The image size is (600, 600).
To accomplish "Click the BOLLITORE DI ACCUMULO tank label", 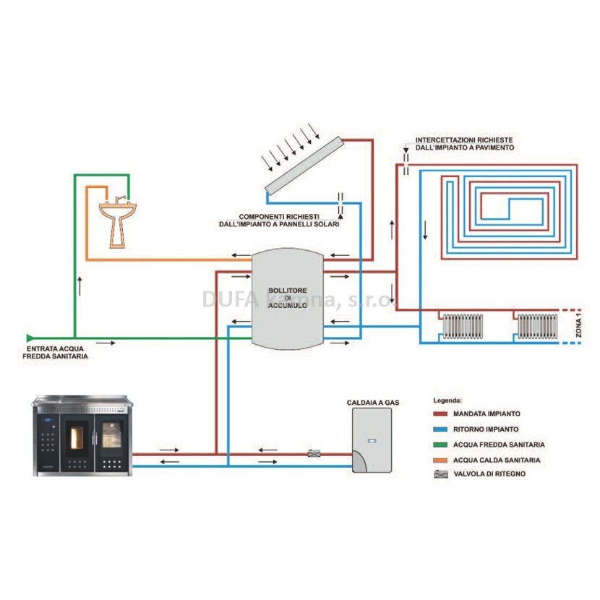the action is click(x=288, y=298).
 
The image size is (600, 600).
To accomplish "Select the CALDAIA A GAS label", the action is click(x=373, y=403).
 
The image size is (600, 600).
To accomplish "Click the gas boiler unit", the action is click(x=372, y=440).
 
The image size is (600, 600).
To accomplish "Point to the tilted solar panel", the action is click(x=304, y=166).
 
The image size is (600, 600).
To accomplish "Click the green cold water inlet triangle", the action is click(x=30, y=338).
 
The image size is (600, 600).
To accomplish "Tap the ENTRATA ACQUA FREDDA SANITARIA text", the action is click(x=55, y=353).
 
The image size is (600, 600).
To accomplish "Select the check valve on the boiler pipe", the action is click(x=314, y=453).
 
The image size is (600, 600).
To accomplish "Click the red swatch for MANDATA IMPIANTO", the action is click(x=440, y=413).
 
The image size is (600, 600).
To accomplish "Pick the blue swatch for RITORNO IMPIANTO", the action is click(x=440, y=429).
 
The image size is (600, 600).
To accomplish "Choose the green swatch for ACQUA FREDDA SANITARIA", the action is click(x=440, y=445).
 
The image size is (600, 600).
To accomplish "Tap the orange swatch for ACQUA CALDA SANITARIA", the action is click(x=440, y=460).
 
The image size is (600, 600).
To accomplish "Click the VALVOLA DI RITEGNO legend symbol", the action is click(x=441, y=474).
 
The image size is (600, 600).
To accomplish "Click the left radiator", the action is click(x=463, y=327).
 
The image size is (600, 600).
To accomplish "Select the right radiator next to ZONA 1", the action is click(x=538, y=327).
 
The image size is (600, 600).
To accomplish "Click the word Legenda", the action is click(x=447, y=400).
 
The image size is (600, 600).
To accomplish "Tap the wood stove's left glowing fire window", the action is click(x=77, y=438).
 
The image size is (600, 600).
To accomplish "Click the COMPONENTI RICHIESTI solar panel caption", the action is click(x=279, y=220).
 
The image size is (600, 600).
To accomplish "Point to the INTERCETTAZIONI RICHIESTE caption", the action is click(x=465, y=144).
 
